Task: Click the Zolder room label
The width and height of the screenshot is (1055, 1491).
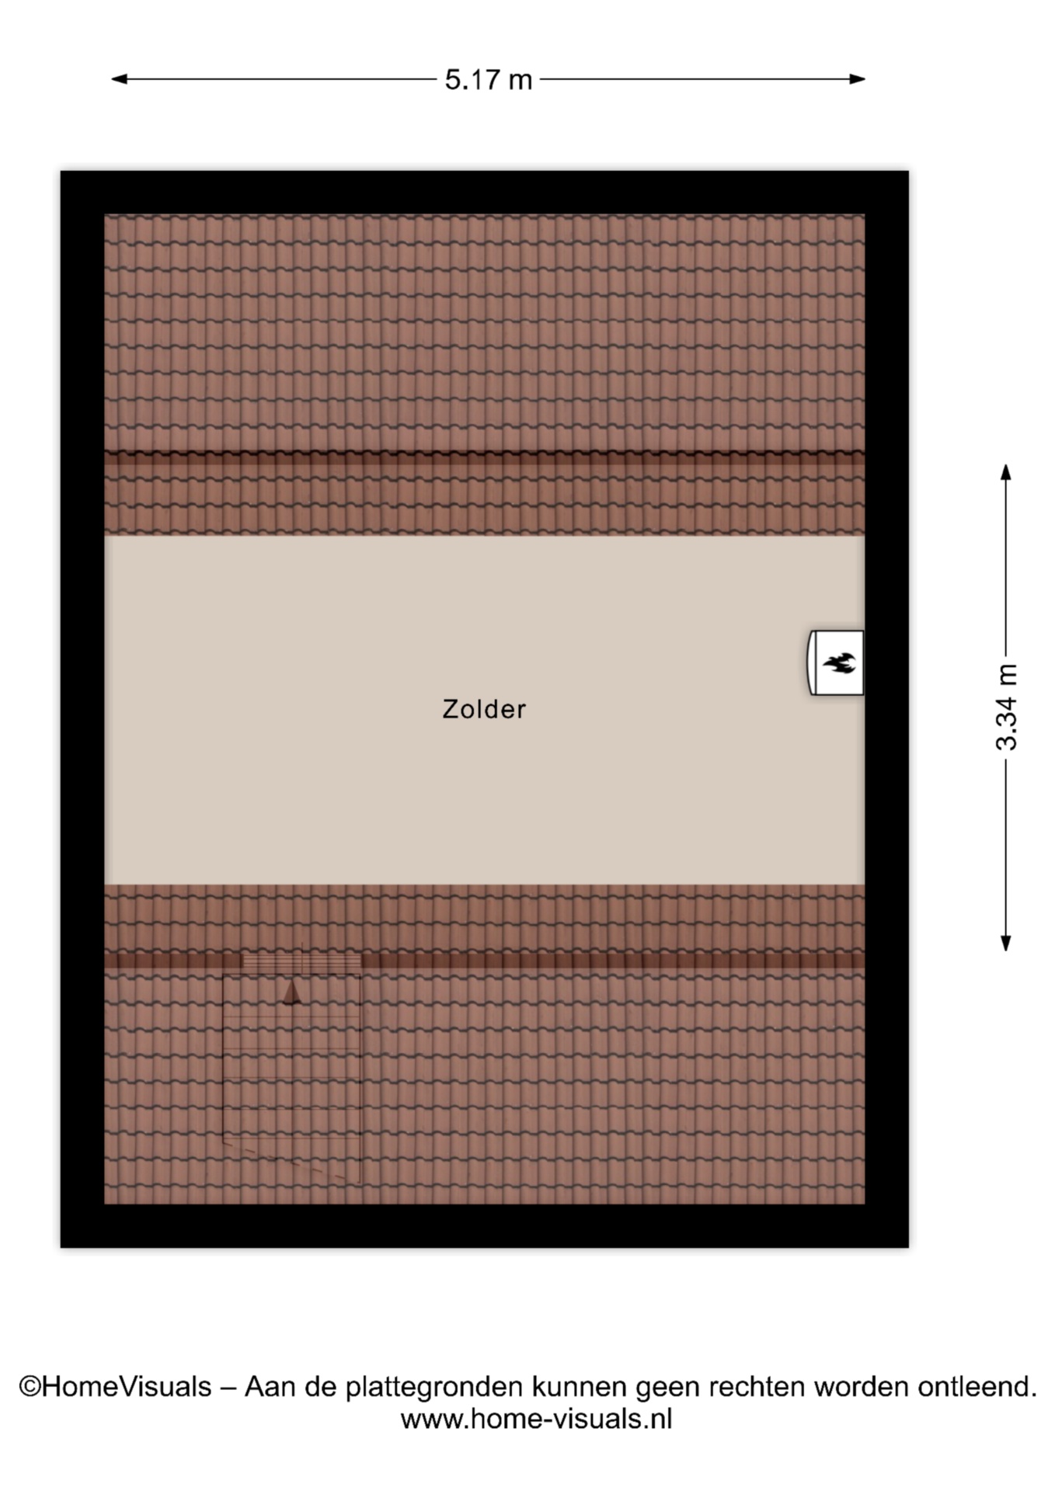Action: pyautogui.click(x=484, y=709)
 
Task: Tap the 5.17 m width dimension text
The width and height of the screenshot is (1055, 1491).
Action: pyautogui.click(x=488, y=79)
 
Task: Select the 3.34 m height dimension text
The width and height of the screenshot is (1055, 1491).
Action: pyautogui.click(x=1006, y=707)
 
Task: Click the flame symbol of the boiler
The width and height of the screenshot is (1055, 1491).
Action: pyautogui.click(x=839, y=663)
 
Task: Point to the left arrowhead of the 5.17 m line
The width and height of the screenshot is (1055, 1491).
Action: pyautogui.click(x=119, y=78)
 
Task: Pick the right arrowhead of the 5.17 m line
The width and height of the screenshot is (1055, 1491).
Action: pyautogui.click(x=858, y=78)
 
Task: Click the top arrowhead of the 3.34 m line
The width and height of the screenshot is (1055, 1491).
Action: pyautogui.click(x=1006, y=472)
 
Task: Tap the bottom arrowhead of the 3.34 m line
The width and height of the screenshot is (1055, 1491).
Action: pyautogui.click(x=1006, y=943)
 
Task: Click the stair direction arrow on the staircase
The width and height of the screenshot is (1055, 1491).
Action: pyautogui.click(x=291, y=992)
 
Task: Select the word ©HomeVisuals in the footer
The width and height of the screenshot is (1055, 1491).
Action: pyautogui.click(x=115, y=1386)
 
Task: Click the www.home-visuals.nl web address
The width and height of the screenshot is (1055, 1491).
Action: pyautogui.click(x=536, y=1420)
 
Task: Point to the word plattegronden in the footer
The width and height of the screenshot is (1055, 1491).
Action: pyautogui.click(x=434, y=1388)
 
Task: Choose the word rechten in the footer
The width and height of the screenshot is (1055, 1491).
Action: pyautogui.click(x=757, y=1386)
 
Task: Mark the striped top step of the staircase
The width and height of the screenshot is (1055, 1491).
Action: pyautogui.click(x=301, y=962)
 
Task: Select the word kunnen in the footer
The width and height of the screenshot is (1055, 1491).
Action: pyautogui.click(x=580, y=1386)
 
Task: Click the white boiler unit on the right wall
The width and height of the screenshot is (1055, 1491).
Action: pyautogui.click(x=836, y=662)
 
